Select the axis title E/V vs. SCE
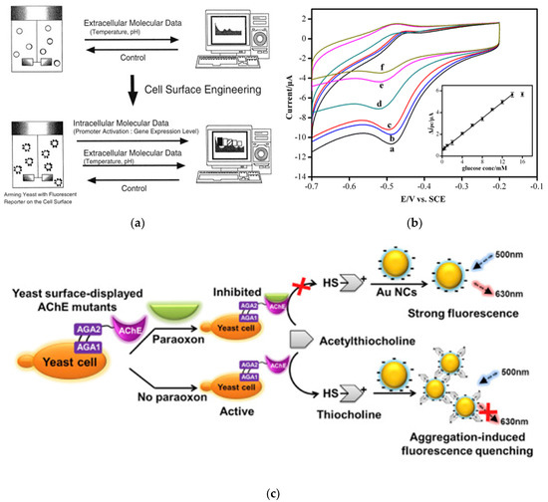click(x=421, y=198)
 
